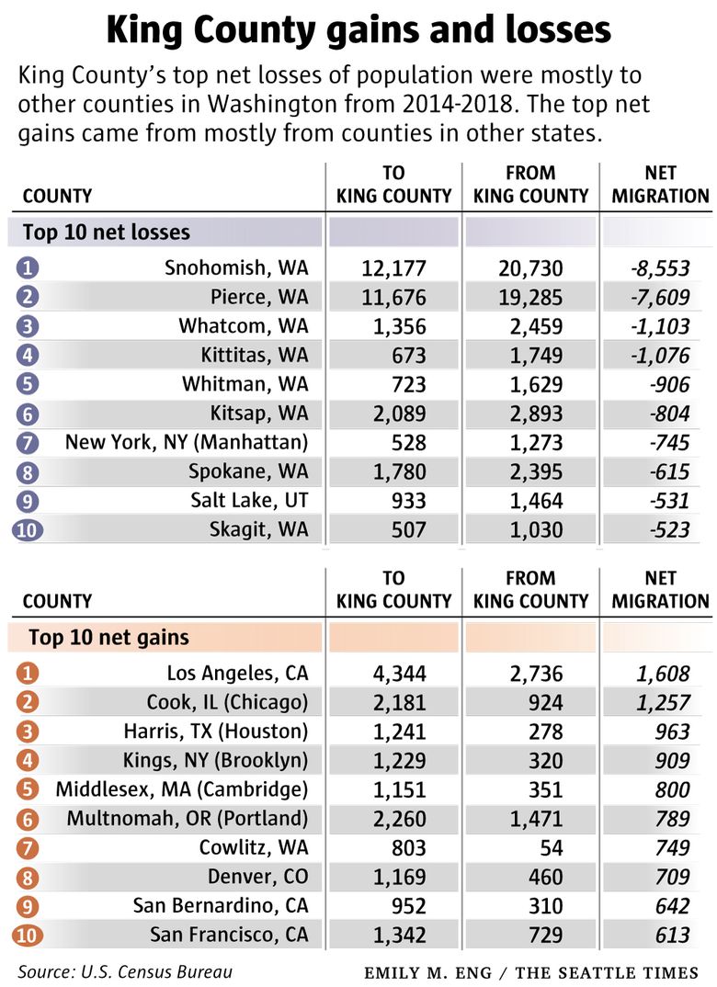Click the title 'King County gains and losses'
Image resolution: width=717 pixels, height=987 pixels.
tap(358, 30)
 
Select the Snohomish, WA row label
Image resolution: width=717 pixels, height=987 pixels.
tap(236, 268)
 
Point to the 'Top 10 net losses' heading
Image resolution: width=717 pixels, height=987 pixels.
tap(107, 232)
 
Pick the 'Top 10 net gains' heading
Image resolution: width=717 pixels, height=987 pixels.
tap(108, 637)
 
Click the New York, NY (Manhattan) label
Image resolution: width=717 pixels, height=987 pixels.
tap(187, 442)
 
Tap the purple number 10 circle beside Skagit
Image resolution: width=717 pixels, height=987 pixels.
tap(28, 529)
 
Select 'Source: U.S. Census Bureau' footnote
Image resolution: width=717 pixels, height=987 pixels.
tap(125, 971)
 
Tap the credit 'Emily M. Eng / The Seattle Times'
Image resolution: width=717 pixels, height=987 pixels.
tap(531, 972)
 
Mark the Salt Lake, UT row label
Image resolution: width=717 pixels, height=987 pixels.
tap(249, 500)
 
